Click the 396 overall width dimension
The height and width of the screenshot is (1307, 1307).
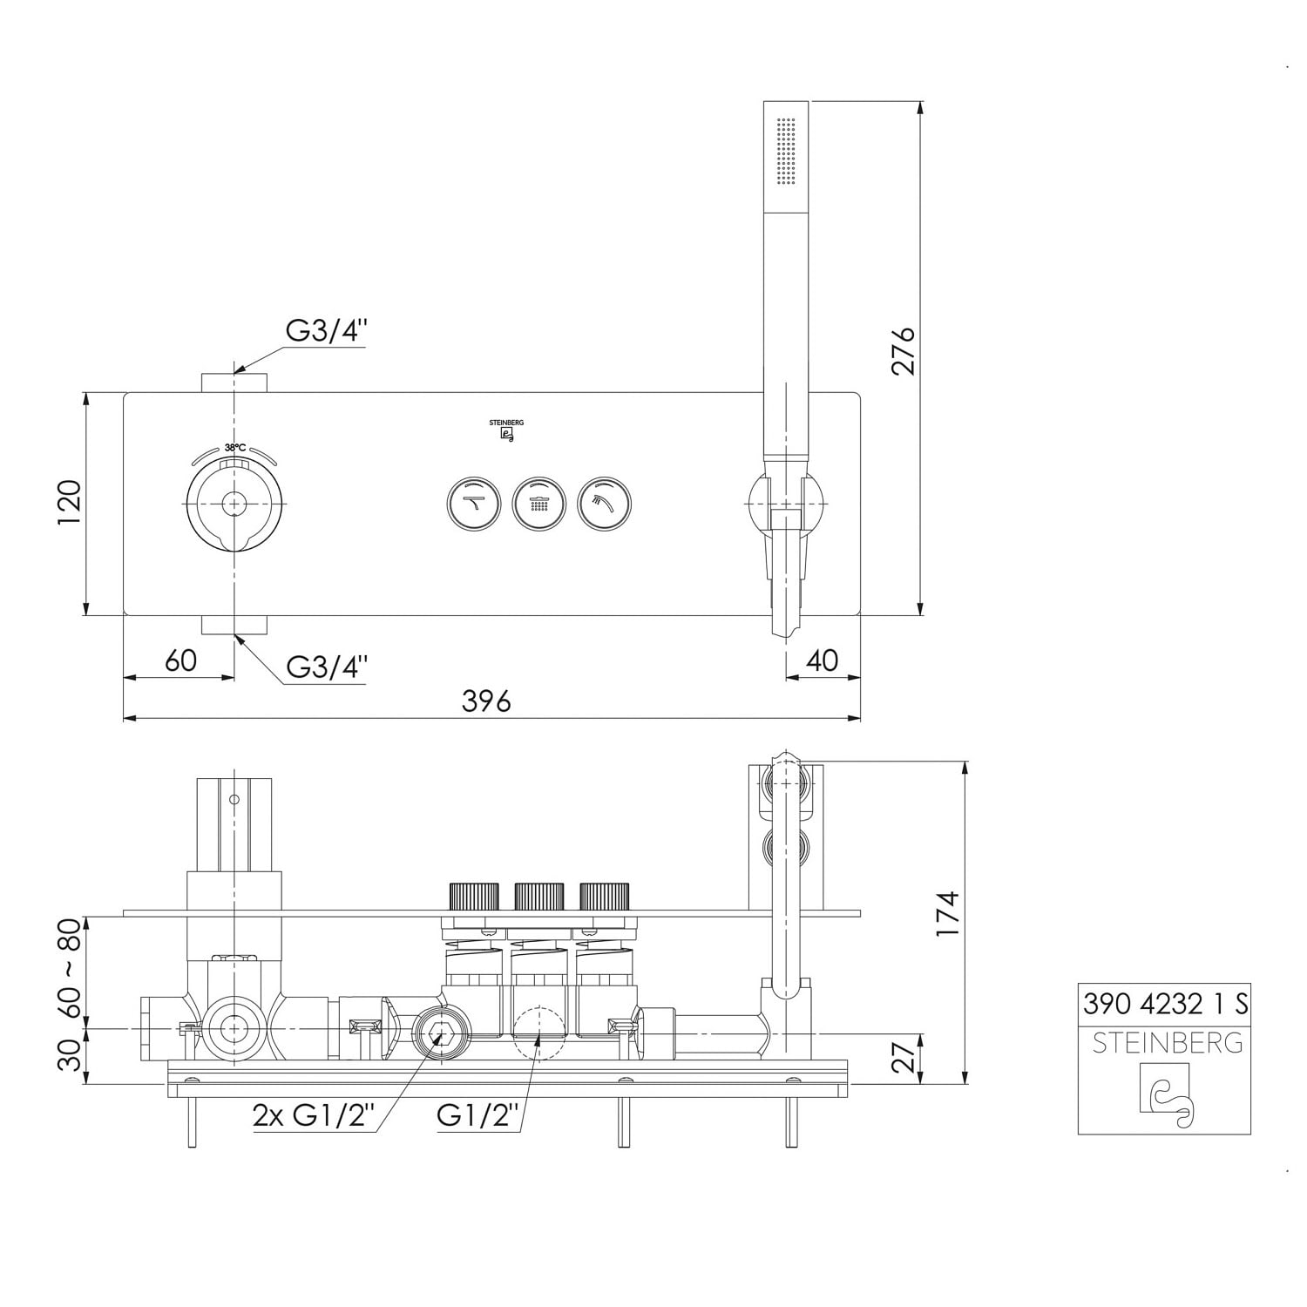(x=486, y=701)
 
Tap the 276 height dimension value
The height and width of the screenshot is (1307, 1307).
(x=904, y=351)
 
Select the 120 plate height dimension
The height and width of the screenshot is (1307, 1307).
(x=68, y=503)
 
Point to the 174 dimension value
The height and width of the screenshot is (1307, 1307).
(x=947, y=913)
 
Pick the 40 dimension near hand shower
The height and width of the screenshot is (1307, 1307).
(x=822, y=660)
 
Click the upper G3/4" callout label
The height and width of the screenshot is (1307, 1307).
(x=327, y=331)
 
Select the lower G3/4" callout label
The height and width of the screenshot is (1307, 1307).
(x=327, y=667)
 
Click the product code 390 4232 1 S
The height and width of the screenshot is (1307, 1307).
(x=1165, y=1004)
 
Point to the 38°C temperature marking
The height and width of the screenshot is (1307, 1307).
(x=235, y=447)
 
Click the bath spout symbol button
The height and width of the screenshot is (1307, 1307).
(x=474, y=504)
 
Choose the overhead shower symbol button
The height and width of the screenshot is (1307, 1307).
(x=539, y=504)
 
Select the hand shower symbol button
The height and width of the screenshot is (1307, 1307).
(x=604, y=504)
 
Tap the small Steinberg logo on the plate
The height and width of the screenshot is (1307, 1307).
(x=506, y=431)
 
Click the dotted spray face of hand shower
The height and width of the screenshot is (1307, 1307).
(x=786, y=152)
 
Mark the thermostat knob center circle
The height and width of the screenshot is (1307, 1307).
(x=234, y=504)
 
